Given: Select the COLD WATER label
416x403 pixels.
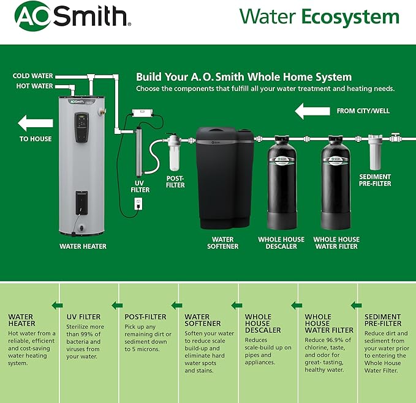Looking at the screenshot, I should pyautogui.click(x=33, y=76).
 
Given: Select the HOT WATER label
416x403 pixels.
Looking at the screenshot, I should pyautogui.click(x=35, y=86).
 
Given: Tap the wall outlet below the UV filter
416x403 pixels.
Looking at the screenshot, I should pyautogui.click(x=138, y=201).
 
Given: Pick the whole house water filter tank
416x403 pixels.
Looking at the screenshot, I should pyautogui.click(x=336, y=183).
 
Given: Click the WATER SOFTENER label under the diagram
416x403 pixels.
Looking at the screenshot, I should pyautogui.click(x=222, y=243).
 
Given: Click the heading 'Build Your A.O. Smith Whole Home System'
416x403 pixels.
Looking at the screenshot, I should pyautogui.click(x=244, y=77).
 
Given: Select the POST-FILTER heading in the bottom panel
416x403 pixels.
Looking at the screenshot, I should pyautogui.click(x=145, y=317).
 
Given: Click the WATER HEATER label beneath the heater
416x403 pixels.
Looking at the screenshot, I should pyautogui.click(x=83, y=246).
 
